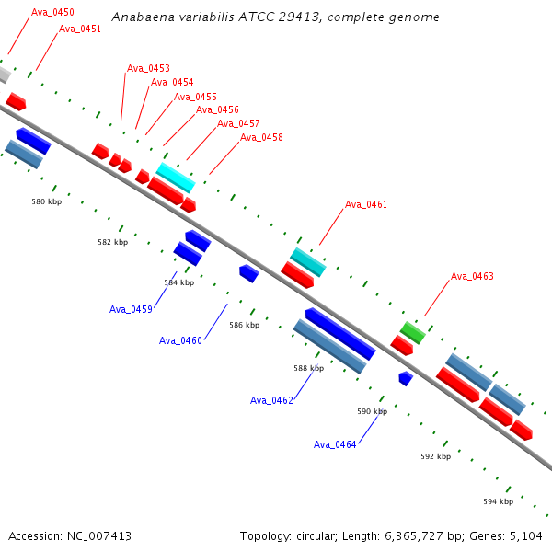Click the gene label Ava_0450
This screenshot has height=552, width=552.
pos(52,12)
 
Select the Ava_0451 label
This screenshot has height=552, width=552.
pos(80,29)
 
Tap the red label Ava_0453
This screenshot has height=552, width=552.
pos(148,68)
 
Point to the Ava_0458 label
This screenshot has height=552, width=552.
pos(261,137)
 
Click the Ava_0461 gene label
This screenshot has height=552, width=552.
pos(366,204)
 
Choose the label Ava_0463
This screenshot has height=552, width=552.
pos(472,276)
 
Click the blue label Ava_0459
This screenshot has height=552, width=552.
pos(131,309)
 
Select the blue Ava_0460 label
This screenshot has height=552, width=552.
pos(180,340)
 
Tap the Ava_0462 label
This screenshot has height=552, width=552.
pos(271,400)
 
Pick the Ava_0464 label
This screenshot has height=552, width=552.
pos(335,444)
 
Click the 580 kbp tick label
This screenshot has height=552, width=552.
pos(47,201)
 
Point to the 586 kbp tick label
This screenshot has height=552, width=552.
pos(245,325)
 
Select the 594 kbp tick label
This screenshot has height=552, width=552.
pos(498,501)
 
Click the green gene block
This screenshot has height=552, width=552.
pos(412,333)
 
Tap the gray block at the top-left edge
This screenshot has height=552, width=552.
pos(5,75)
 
